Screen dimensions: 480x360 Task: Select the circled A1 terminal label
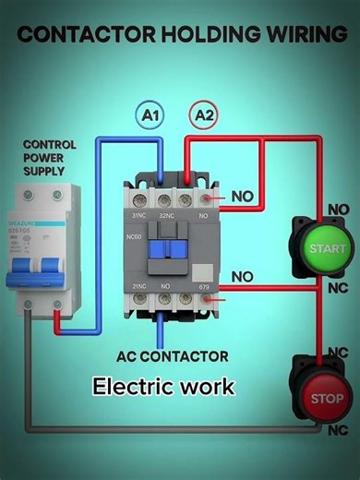tap(150, 115)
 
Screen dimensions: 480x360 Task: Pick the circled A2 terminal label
tap(203, 115)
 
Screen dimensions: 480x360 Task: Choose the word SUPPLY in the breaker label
tap(43, 171)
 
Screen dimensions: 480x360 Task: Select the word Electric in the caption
tap(128, 385)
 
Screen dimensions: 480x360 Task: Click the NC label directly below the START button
tap(338, 286)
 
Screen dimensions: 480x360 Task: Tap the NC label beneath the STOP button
tap(336, 430)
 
